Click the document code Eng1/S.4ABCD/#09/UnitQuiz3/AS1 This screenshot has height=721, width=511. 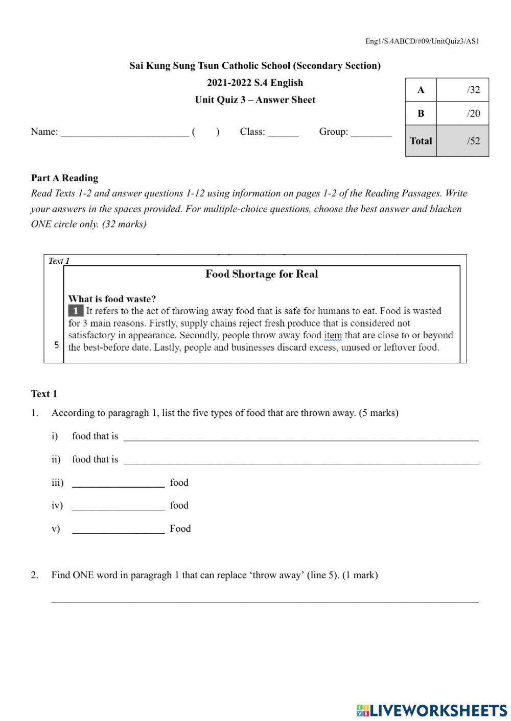click(x=422, y=41)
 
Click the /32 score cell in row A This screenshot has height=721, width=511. click(x=462, y=90)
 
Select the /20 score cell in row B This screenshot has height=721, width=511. click(x=462, y=113)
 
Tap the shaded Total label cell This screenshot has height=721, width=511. click(x=421, y=141)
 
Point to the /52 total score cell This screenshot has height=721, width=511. click(x=462, y=141)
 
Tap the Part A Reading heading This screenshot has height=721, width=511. click(x=64, y=178)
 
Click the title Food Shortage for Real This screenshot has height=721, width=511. click(x=262, y=274)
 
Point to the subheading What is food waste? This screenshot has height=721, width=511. click(x=112, y=299)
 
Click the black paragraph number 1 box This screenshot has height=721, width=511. click(x=75, y=311)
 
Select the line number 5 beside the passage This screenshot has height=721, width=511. click(x=56, y=345)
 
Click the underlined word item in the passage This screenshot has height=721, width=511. click(x=333, y=336)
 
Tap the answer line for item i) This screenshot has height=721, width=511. click(x=301, y=438)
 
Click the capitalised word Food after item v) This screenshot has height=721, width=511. click(x=180, y=529)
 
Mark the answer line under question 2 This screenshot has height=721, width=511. click(x=265, y=600)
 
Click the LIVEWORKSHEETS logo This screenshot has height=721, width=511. click(x=431, y=710)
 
